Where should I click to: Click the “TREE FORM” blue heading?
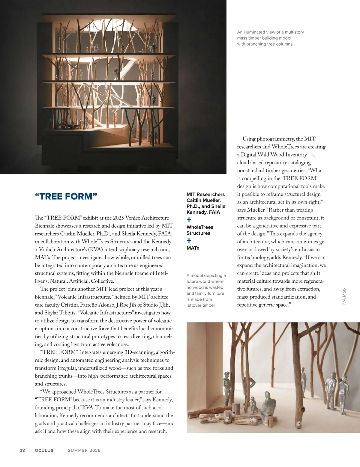(x=66, y=197)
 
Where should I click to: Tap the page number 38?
(x=22, y=450)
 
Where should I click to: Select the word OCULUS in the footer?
(x=44, y=450)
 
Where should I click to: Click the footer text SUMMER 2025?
(x=84, y=450)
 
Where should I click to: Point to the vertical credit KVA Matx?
(x=344, y=297)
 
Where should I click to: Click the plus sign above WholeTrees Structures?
(x=189, y=220)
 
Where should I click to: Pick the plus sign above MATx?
(x=189, y=240)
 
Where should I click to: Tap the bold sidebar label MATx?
(x=193, y=248)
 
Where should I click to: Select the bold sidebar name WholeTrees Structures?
(x=200, y=230)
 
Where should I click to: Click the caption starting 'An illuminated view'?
(x=270, y=38)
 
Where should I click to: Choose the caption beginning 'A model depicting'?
(x=205, y=290)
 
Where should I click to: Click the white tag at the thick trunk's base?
(x=299, y=424)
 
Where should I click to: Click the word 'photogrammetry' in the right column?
(x=276, y=139)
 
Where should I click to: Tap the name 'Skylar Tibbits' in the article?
(x=60, y=313)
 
